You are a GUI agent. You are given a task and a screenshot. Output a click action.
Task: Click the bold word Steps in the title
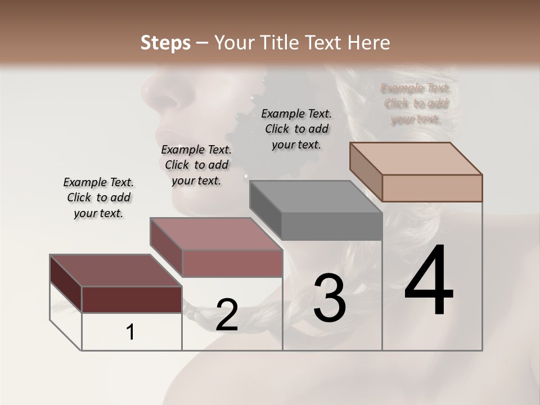(x=165, y=43)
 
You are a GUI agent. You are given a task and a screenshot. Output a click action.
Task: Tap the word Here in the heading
(x=369, y=43)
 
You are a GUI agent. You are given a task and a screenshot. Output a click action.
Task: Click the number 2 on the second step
(x=227, y=315)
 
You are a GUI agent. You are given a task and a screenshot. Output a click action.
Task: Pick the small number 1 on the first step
(x=130, y=332)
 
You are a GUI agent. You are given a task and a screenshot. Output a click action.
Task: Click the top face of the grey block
(x=315, y=197)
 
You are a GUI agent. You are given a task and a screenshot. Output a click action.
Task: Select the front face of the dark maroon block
(x=132, y=299)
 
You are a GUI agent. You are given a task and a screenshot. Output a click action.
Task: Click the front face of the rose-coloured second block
(x=232, y=263)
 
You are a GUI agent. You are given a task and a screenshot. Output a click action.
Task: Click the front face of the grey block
(x=331, y=226)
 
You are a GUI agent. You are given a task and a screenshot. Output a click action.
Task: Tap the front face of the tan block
(x=431, y=188)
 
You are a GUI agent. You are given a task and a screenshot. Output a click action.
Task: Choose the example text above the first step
(x=98, y=197)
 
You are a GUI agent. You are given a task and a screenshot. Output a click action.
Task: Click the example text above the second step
(x=196, y=165)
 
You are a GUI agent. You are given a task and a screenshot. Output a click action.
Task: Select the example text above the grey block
(x=296, y=129)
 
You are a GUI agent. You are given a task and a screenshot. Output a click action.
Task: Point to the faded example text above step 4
(x=416, y=103)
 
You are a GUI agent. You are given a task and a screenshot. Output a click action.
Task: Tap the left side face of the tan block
(x=366, y=172)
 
